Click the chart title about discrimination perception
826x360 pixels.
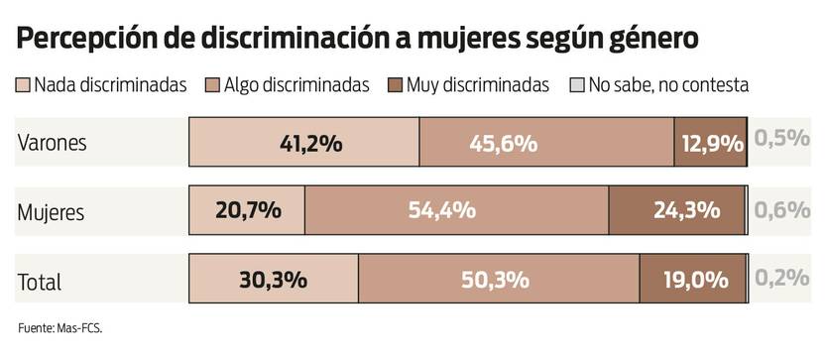[358, 39]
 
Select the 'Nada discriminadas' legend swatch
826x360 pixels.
[24, 85]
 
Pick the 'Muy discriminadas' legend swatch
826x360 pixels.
[395, 85]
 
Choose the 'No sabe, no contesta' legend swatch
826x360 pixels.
[578, 85]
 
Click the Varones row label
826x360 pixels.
[53, 143]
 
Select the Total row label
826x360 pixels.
[40, 282]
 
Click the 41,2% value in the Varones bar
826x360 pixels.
[310, 143]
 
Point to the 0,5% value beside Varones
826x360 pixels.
[782, 139]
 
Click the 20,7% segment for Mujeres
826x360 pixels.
[248, 210]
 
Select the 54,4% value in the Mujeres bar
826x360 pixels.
[442, 210]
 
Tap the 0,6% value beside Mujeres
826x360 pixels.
[782, 209]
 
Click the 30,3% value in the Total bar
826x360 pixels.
[273, 280]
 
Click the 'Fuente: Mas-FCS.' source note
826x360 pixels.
[59, 327]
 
